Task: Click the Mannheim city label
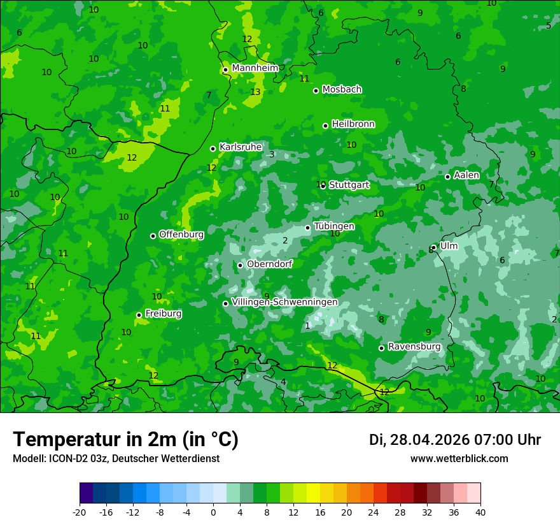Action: [x=255, y=68]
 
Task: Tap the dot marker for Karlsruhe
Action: [x=213, y=149]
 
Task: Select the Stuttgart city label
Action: [x=349, y=185]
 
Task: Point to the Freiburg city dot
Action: [x=139, y=315]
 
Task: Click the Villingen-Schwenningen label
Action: [x=284, y=302]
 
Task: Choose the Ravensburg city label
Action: [x=414, y=347]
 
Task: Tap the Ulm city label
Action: [x=449, y=246]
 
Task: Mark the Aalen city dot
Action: [x=448, y=177]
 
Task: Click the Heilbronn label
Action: [x=353, y=124]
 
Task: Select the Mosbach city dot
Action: [x=316, y=91]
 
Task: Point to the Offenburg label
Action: [x=181, y=235]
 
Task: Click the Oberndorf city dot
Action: [x=240, y=265]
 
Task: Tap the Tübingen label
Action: [x=334, y=227]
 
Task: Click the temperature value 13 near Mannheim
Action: [x=255, y=92]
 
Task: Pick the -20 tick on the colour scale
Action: [x=80, y=512]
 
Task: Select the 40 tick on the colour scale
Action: [x=480, y=512]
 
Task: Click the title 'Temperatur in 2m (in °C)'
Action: [x=125, y=439]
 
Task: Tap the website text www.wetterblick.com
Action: [x=459, y=459]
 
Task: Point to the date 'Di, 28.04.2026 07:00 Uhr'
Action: [x=455, y=440]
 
